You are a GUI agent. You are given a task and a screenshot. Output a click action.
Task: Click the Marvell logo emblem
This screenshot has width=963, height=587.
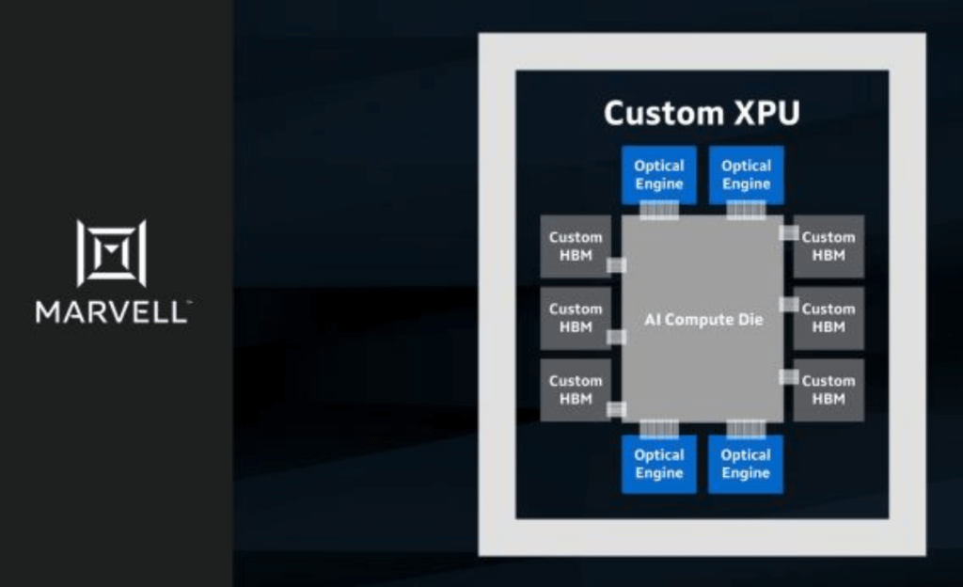[111, 252]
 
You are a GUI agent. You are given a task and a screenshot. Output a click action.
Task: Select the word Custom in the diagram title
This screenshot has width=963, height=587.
[658, 114]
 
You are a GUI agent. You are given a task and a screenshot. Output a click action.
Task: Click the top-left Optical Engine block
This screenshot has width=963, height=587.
[658, 174]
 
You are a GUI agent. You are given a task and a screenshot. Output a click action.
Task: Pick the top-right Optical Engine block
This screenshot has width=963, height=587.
[746, 174]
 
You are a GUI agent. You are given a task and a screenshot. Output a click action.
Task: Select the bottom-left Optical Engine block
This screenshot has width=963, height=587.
[658, 464]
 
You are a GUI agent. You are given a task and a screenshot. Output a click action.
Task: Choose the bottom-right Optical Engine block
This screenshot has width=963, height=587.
[746, 464]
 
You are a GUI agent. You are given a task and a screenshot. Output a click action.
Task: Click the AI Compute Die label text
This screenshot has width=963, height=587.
[703, 320]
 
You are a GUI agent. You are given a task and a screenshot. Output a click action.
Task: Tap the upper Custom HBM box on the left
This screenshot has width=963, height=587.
[576, 246]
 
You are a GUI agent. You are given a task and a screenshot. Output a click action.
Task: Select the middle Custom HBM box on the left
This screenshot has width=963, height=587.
[576, 318]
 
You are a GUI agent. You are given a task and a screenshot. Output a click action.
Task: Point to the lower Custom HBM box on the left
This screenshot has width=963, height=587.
[576, 389]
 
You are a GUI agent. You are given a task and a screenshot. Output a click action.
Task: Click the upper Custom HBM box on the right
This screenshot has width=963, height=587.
[829, 246]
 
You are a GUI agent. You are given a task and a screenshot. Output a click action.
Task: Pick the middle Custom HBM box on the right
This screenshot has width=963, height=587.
[829, 318]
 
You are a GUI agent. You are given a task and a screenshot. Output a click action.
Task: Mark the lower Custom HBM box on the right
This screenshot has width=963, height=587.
[829, 389]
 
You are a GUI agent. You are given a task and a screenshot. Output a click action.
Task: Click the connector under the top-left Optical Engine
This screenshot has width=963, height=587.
[658, 211]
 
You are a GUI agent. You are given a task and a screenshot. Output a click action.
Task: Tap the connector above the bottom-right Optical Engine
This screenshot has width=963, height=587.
[746, 429]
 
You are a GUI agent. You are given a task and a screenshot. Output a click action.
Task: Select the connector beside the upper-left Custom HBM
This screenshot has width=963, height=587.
[616, 265]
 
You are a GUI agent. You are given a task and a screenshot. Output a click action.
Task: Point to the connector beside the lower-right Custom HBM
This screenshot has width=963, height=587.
[789, 376]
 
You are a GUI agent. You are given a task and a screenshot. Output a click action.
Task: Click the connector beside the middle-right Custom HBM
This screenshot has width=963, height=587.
[789, 305]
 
